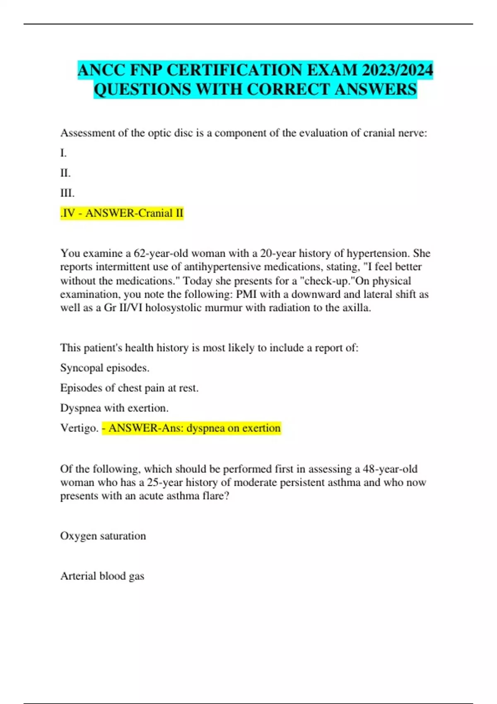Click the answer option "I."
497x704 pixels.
tap(63, 153)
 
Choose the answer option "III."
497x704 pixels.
tap(68, 193)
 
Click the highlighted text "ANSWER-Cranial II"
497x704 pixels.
tap(134, 213)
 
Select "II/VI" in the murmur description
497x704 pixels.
tap(130, 308)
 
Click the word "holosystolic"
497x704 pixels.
tap(178, 308)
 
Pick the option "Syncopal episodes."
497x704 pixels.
tap(105, 368)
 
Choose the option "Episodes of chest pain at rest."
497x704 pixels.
tap(129, 388)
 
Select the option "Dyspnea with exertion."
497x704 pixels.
tap(114, 408)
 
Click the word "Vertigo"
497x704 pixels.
tap(78, 428)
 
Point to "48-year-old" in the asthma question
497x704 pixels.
tap(390, 469)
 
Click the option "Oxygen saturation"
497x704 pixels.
tap(103, 536)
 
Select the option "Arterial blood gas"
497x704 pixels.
tap(102, 576)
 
